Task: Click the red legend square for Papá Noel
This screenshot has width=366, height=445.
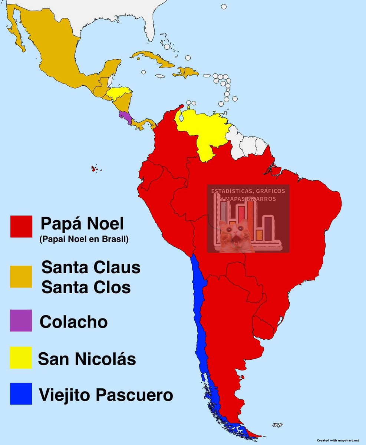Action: pos(21,226)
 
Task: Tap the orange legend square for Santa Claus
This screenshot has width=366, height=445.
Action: pos(21,277)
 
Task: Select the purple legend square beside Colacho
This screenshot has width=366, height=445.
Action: pos(21,320)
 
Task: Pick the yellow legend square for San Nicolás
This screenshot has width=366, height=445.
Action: pos(21,358)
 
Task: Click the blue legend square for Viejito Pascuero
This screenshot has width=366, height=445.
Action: pos(21,393)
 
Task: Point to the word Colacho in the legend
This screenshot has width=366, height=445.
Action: pos(73,322)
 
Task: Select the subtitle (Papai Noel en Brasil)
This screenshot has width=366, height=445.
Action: pos(83,240)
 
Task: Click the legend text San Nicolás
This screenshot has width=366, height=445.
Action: pos(87,359)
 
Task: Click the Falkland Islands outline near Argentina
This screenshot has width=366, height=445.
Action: pos(277,425)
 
